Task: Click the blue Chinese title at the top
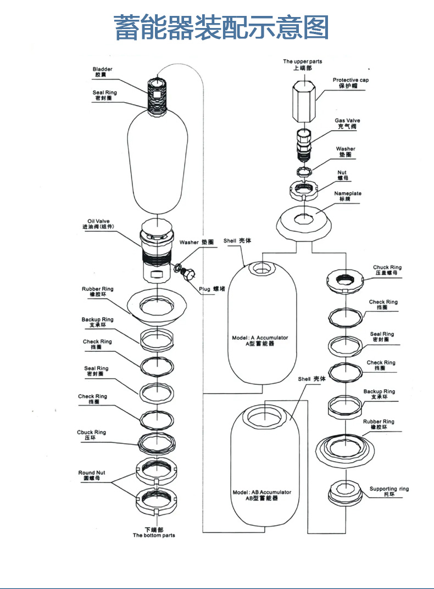[221, 27]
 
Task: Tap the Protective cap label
[350, 83]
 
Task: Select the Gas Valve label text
[347, 123]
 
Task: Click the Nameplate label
[348, 196]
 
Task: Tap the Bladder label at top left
[102, 72]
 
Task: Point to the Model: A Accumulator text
[258, 340]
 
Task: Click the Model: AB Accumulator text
[261, 495]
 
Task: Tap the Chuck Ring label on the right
[387, 270]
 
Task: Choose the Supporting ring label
[389, 491]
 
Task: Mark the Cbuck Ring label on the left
[92, 435]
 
